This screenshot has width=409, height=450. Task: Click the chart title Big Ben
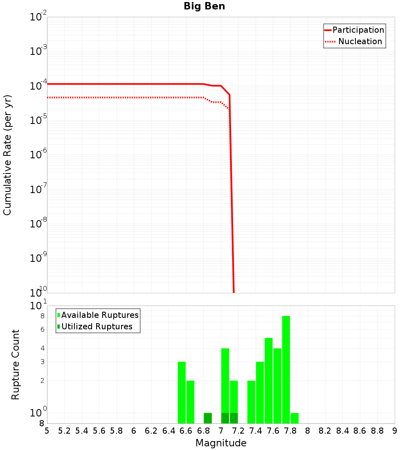pos(204,6)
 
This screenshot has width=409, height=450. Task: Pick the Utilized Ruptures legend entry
pos(97,326)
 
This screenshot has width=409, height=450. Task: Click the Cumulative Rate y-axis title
pos(7,155)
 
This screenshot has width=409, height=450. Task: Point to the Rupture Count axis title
pos(16,364)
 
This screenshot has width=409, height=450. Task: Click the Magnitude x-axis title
pos(221,443)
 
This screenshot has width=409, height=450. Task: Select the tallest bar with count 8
pos(286,369)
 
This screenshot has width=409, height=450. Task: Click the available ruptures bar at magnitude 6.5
pos(182,392)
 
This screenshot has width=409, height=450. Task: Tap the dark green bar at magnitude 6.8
pos(208,418)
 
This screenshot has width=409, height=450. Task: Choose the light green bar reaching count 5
pos(269,380)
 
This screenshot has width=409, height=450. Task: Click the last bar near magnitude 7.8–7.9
pos(294,418)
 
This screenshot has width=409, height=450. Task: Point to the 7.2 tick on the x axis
pos(238,431)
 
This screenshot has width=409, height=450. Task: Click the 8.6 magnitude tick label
pos(360,431)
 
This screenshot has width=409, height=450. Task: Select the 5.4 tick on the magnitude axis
pos(82,431)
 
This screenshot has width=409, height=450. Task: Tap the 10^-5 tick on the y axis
pos(38,120)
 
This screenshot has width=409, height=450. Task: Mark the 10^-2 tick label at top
pos(38,17)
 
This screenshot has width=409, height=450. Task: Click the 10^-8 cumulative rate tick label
pos(38,224)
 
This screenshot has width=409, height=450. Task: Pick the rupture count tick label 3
pos(43,362)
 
